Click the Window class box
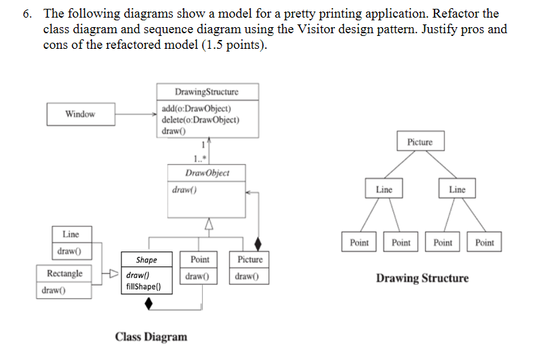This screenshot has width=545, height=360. coord(80,114)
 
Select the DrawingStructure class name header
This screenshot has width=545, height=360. coord(206,92)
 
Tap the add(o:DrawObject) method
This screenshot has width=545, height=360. coord(197,108)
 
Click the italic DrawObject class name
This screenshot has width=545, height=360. coord(207,173)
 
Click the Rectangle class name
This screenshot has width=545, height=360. coord(65,273)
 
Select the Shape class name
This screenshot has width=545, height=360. coord(146,260)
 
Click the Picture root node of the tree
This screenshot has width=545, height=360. coord(420,142)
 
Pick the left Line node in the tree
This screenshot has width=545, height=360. coord(384,190)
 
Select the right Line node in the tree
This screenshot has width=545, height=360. coord(457,190)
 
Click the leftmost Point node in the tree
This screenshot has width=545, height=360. coord(359,243)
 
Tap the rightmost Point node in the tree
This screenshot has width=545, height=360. coord(485,243)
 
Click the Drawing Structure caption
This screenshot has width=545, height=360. coord(422,278)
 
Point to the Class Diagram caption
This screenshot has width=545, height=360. coord(151,337)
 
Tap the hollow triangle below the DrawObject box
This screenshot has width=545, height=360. coord(209,224)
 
